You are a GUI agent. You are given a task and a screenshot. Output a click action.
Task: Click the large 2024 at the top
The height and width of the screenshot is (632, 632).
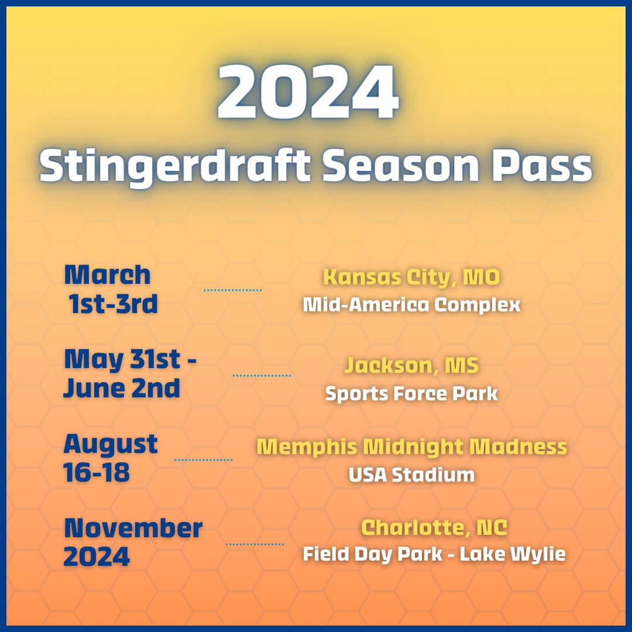point(308,91)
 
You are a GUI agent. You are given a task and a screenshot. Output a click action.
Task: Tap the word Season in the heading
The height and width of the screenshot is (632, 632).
point(401,165)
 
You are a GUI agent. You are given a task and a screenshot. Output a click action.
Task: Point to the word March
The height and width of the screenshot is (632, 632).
point(107,274)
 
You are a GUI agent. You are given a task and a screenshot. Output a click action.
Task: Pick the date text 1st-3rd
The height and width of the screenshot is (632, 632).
point(113,304)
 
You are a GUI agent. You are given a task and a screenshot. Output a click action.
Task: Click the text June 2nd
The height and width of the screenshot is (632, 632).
point(121,388)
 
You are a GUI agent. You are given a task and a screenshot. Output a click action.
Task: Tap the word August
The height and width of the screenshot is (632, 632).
point(111,445)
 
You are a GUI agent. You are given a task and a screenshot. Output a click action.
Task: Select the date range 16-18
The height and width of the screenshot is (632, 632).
point(97,472)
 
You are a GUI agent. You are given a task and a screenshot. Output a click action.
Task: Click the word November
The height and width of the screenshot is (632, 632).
point(133,528)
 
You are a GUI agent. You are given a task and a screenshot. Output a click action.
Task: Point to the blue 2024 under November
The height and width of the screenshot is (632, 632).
point(97,557)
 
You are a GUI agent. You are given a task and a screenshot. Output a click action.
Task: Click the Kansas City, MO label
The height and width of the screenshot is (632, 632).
point(411,277)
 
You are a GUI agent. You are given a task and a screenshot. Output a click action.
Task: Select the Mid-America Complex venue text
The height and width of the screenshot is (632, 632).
point(411,305)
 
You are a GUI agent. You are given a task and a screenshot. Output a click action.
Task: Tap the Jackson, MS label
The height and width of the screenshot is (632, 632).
point(411,365)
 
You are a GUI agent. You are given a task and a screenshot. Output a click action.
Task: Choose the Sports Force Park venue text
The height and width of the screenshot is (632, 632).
point(411,394)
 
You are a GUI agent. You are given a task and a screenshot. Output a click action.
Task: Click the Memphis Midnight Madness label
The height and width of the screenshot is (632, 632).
point(411,447)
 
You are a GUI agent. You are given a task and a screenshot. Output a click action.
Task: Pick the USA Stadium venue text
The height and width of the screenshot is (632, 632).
point(411,475)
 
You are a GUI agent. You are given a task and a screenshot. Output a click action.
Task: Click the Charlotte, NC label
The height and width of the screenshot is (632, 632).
point(434,527)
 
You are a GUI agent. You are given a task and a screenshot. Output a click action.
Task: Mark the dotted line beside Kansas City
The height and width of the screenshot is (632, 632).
point(232,290)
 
